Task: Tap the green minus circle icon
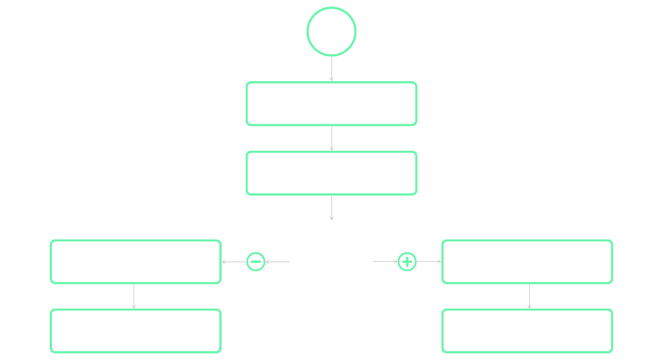(x=256, y=262)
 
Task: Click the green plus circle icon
(x=407, y=262)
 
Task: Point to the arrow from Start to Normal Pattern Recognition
(x=331, y=69)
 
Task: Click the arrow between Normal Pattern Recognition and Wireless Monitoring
(x=331, y=139)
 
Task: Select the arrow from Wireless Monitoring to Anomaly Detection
(x=331, y=208)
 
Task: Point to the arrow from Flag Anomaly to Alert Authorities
(x=529, y=297)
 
